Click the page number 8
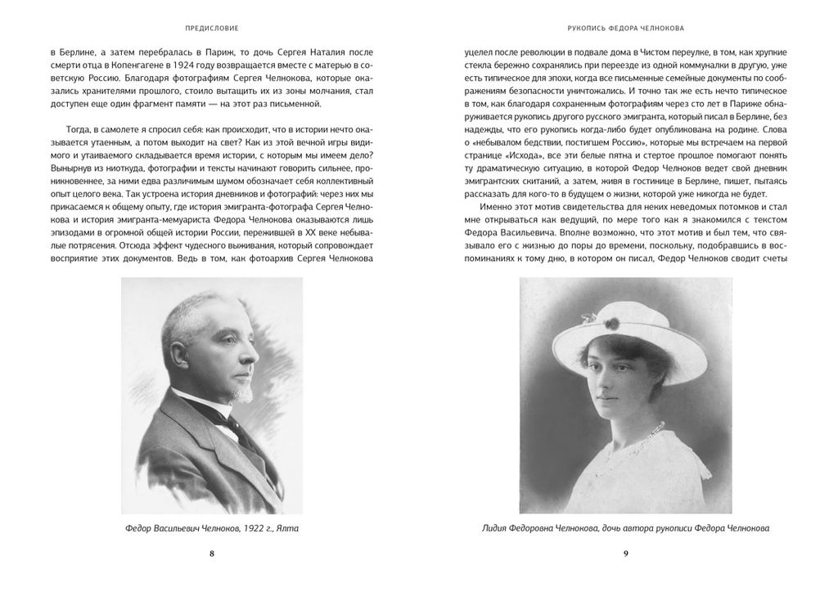click(211, 553)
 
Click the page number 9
click(626, 553)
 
